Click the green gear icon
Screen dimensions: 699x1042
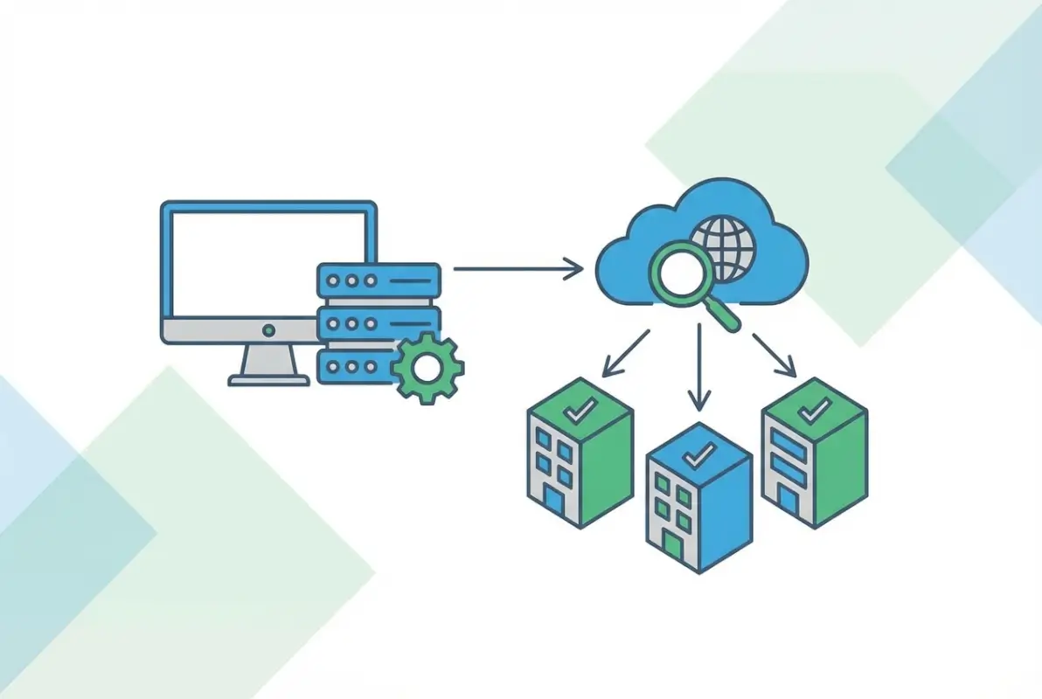(427, 369)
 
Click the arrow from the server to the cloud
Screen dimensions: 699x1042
(518, 268)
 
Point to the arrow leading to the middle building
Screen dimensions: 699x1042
(698, 367)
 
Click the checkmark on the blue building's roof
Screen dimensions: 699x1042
(699, 453)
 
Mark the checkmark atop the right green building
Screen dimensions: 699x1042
(814, 408)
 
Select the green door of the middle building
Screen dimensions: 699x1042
(673, 545)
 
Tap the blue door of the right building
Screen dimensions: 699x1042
(788, 501)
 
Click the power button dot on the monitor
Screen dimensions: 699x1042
(268, 330)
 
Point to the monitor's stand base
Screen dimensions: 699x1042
(268, 380)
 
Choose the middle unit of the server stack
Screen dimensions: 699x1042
(379, 322)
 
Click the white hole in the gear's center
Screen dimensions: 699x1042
(427, 369)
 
